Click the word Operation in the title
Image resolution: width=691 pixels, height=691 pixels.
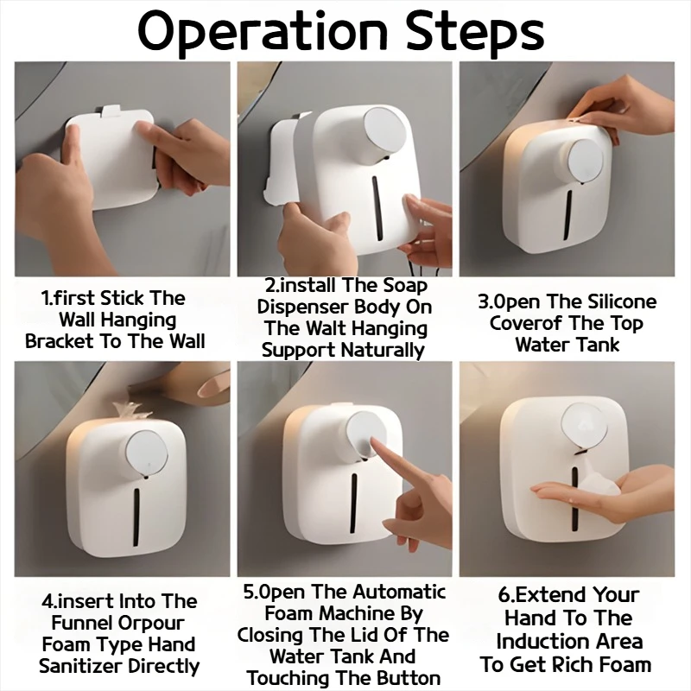[x=263, y=33]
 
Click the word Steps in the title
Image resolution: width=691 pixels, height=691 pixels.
[x=475, y=33]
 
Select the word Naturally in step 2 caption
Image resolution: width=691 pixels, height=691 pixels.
[x=383, y=351]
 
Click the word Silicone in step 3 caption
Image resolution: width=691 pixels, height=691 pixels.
[x=620, y=301]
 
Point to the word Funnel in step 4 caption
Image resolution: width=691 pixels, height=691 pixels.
[x=80, y=623]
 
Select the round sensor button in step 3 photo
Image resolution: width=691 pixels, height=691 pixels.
[x=586, y=161]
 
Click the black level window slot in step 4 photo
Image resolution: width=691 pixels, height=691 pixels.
[x=136, y=517]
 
